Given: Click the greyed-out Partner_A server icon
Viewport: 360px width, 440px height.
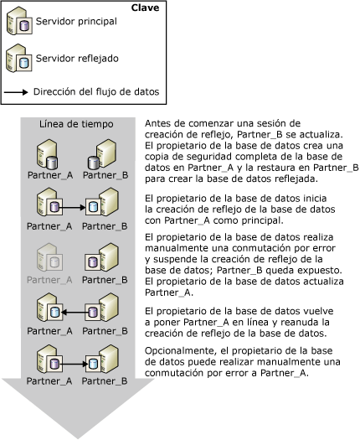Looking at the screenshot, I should click(47, 255).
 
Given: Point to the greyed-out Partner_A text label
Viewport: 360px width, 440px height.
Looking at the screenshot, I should click(48, 278).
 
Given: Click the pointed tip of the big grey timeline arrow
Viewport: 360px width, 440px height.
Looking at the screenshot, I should click(71, 436).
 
